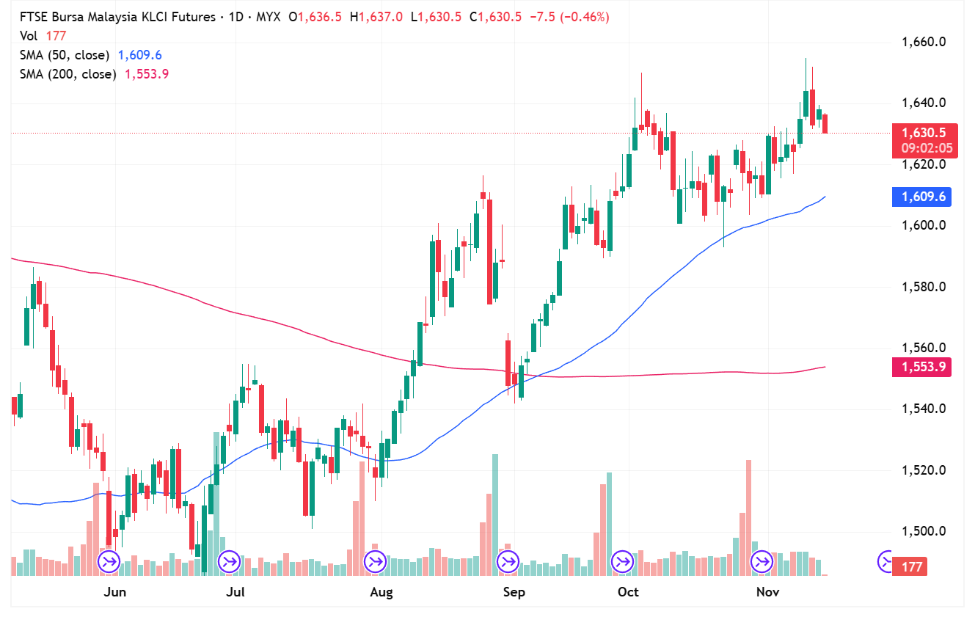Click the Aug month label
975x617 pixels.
(381, 592)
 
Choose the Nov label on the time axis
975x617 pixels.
(767, 592)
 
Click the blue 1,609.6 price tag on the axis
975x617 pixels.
(921, 197)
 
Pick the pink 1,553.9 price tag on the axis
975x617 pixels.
(921, 367)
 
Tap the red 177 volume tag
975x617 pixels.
(912, 566)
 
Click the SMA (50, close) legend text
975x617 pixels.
(65, 55)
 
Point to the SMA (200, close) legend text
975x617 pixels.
(67, 74)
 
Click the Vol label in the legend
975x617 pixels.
(29, 35)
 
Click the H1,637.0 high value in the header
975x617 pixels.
(376, 17)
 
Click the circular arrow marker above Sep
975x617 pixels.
(507, 563)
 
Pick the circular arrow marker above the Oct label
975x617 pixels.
(622, 563)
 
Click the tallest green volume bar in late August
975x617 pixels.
(495, 514)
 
